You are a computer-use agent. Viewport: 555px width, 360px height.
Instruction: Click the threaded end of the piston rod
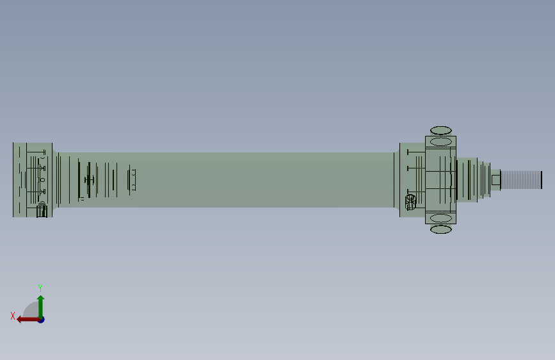(x=521, y=180)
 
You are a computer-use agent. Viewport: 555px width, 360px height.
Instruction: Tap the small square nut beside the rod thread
(x=496, y=180)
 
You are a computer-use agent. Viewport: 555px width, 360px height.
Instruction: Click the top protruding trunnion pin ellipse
(x=440, y=131)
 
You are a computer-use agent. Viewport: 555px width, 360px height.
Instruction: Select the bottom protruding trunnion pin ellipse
(x=440, y=229)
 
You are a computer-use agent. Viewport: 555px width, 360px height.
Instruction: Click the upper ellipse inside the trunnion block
(x=440, y=142)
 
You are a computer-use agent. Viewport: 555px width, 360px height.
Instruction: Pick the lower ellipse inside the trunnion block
(x=440, y=218)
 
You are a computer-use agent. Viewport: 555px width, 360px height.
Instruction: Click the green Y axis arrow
(x=41, y=307)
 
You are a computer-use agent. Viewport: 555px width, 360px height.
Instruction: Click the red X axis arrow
(x=29, y=320)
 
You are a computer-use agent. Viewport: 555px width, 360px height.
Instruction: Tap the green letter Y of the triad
(x=40, y=288)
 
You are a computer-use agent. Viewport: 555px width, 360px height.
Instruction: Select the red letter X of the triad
(x=13, y=316)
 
